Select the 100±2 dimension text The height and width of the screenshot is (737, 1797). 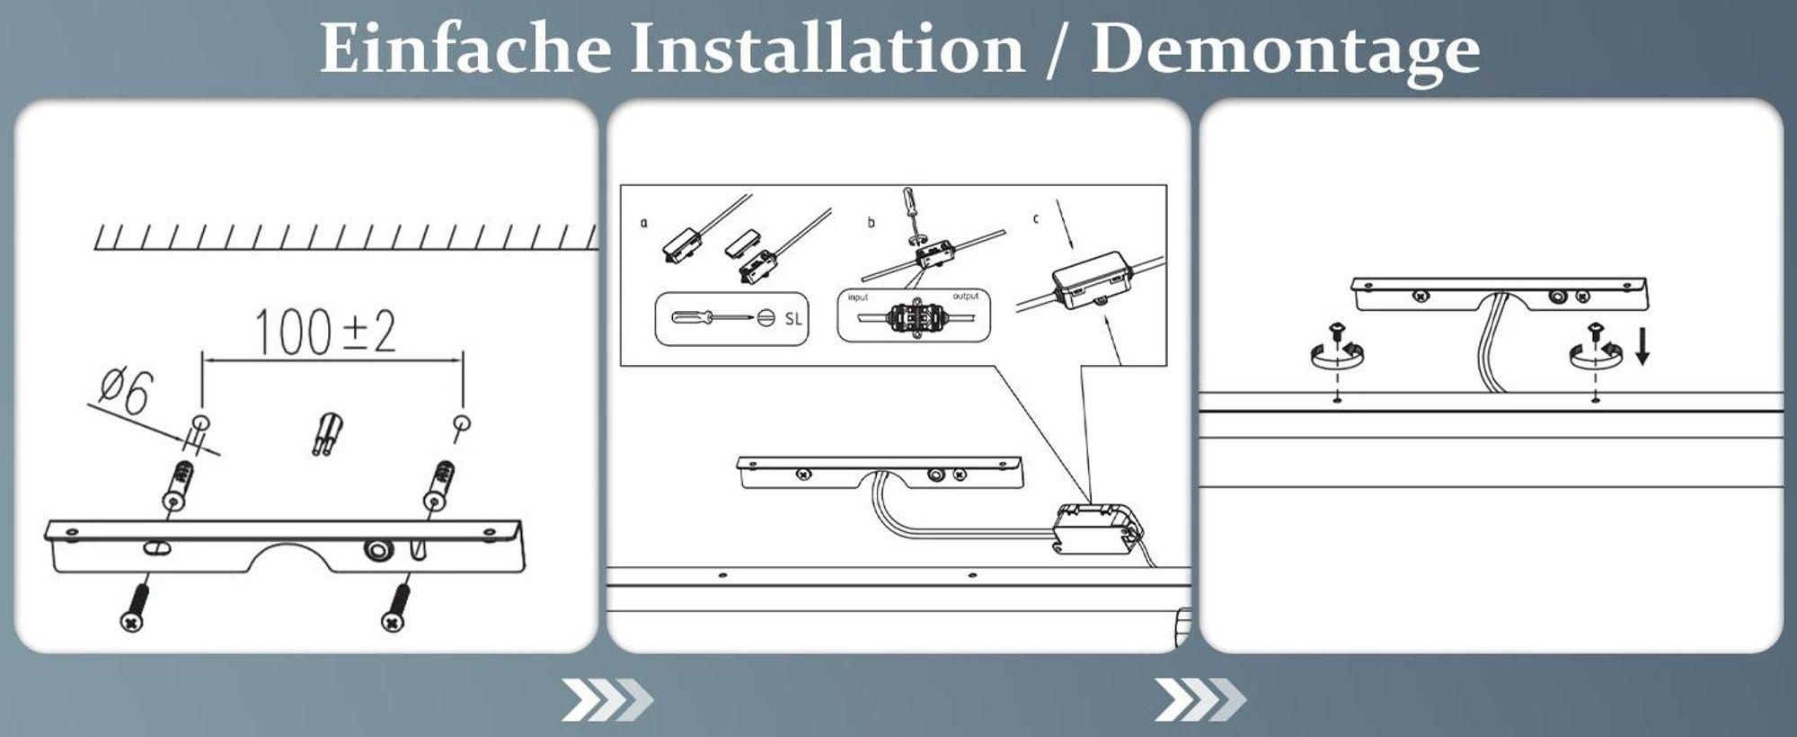coord(325,332)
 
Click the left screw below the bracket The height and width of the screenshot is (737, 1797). coord(135,606)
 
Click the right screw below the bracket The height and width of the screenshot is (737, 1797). coord(395,607)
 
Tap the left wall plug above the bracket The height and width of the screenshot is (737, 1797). coord(177,485)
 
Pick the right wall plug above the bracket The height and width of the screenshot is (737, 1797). coord(439,485)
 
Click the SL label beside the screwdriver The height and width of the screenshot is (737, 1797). coord(793,318)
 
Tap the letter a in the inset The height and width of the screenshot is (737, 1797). coord(643,222)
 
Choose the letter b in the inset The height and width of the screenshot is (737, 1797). coord(870,221)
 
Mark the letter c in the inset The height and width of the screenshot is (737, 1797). coord(1036,218)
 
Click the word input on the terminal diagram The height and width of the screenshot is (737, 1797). coord(858,297)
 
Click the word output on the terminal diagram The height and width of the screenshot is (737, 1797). coord(966,296)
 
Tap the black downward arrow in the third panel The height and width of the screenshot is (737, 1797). coord(1642,347)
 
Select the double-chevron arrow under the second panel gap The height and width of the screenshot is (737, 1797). coord(1200,700)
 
